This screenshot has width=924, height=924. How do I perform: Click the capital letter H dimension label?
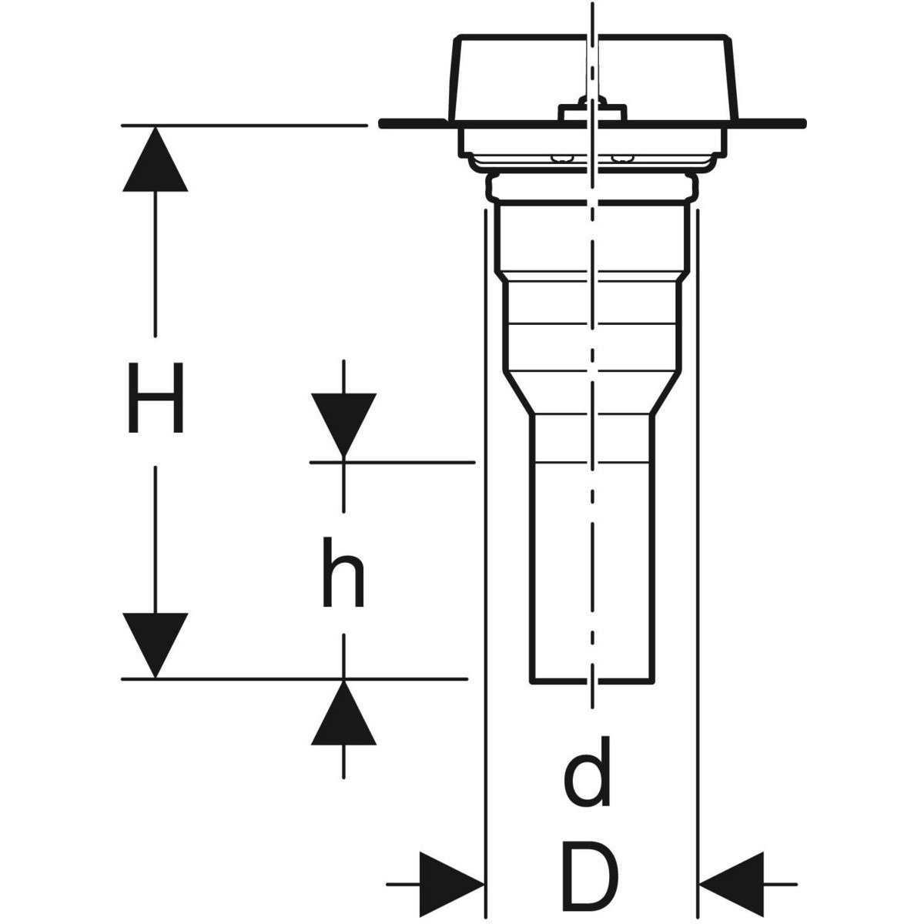(156, 399)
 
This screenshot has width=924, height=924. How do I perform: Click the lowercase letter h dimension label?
(343, 571)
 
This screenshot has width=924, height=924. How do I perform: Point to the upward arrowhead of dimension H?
(156, 160)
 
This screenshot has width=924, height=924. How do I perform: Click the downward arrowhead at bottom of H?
(156, 644)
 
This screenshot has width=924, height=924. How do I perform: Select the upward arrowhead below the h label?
(343, 713)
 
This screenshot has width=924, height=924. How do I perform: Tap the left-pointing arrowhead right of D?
(730, 884)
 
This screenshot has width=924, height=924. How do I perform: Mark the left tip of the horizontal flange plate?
(383, 123)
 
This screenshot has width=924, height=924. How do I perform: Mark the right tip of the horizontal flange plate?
(802, 123)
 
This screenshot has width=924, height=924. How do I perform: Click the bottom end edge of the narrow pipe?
(591, 681)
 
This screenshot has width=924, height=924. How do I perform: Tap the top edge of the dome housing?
(591, 36)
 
